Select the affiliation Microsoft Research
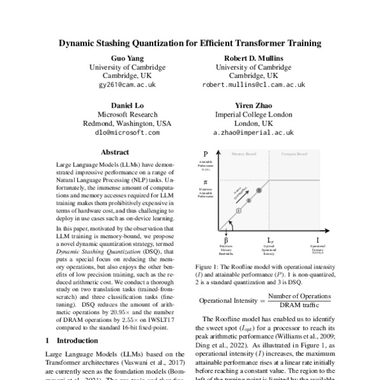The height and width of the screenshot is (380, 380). [x=119, y=115]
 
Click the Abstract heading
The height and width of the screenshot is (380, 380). [x=119, y=153]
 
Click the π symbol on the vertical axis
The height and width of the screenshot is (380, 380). [x=205, y=181]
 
